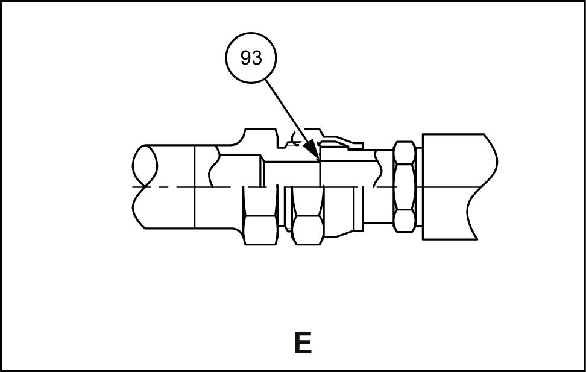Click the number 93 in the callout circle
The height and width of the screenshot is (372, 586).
251,58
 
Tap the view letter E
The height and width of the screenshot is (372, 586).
302,342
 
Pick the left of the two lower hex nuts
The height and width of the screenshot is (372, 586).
260,223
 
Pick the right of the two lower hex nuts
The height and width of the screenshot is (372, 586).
307,223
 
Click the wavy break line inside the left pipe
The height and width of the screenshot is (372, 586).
212,169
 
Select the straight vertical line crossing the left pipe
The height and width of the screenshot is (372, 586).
194,187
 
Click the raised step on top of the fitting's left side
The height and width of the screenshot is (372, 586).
256,134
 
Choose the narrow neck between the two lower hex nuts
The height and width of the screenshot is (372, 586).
284,211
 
